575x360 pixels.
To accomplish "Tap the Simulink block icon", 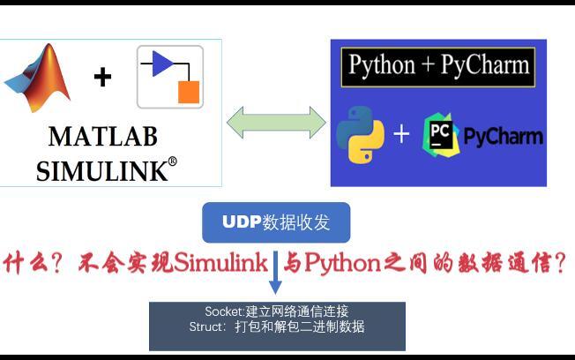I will coord(170,78).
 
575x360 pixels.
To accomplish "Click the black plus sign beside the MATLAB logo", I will coord(102,78).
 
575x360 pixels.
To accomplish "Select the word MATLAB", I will coord(103,137).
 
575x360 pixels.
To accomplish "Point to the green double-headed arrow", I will coord(276,122).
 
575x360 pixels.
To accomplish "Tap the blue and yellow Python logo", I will coord(360,134).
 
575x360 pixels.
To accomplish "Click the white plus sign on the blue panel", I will coord(401,134).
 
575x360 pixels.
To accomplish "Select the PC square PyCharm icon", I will coord(440,134).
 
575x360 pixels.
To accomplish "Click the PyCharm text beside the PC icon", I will coord(503,136).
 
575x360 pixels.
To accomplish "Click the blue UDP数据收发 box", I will coord(275,222).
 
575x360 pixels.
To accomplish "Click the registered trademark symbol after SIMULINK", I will coord(172,161).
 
